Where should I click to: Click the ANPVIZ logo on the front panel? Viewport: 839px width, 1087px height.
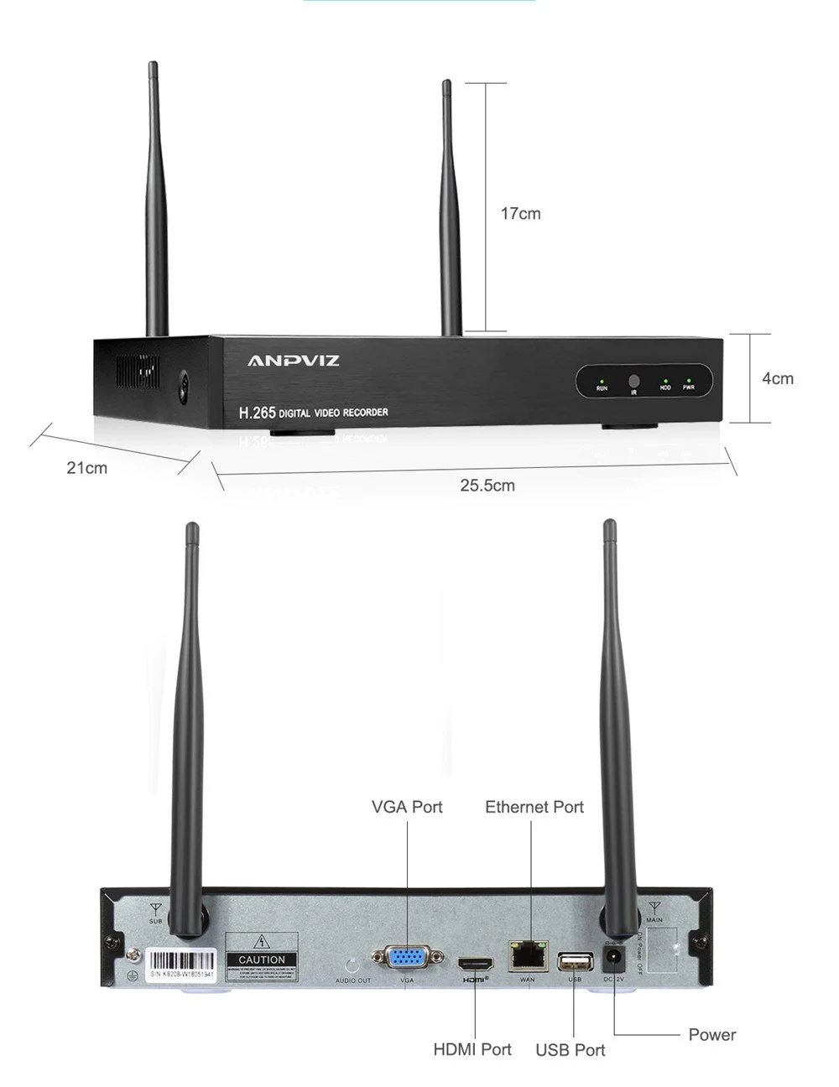pos(293,361)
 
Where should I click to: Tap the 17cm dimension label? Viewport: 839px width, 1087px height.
pos(520,214)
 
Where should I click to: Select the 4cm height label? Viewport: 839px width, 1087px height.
pos(777,378)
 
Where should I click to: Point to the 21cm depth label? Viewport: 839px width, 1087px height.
pos(87,468)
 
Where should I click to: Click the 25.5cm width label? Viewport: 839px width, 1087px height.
pos(487,486)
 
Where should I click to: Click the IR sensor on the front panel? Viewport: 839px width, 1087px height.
pos(634,381)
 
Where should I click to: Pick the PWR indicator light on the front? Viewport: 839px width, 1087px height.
pos(688,382)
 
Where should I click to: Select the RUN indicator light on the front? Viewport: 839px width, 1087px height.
pos(602,382)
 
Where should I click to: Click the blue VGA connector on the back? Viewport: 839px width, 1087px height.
pos(407,957)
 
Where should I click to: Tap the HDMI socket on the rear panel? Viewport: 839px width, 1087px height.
pos(475,963)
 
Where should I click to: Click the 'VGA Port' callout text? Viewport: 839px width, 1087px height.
pos(407,807)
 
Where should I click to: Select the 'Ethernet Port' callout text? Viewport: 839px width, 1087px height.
pos(534,807)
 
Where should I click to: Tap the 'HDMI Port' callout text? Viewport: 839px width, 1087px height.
pos(472,1049)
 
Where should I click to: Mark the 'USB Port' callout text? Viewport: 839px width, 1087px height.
pos(571,1050)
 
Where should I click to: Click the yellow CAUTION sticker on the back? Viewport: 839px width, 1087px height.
pos(262,958)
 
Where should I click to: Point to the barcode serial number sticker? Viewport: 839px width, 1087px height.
pos(182,965)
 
